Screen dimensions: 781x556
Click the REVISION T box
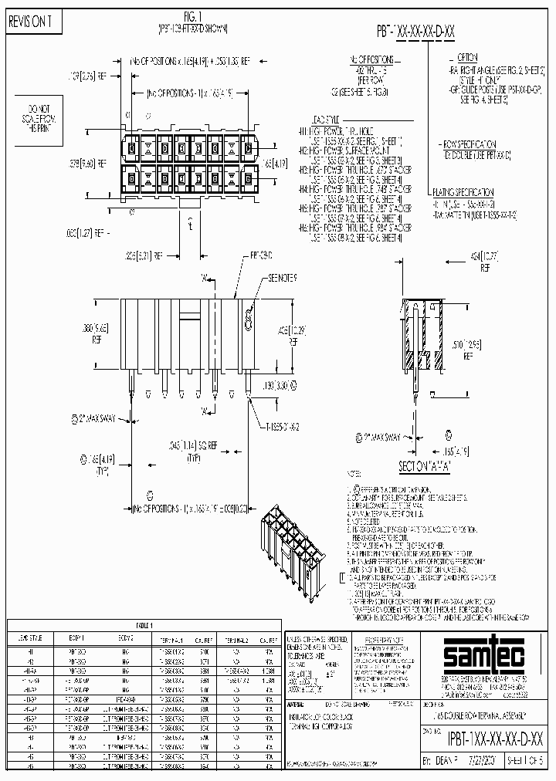pyautogui.click(x=30, y=22)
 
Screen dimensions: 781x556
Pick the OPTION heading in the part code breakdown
pyautogui.click(x=467, y=58)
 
